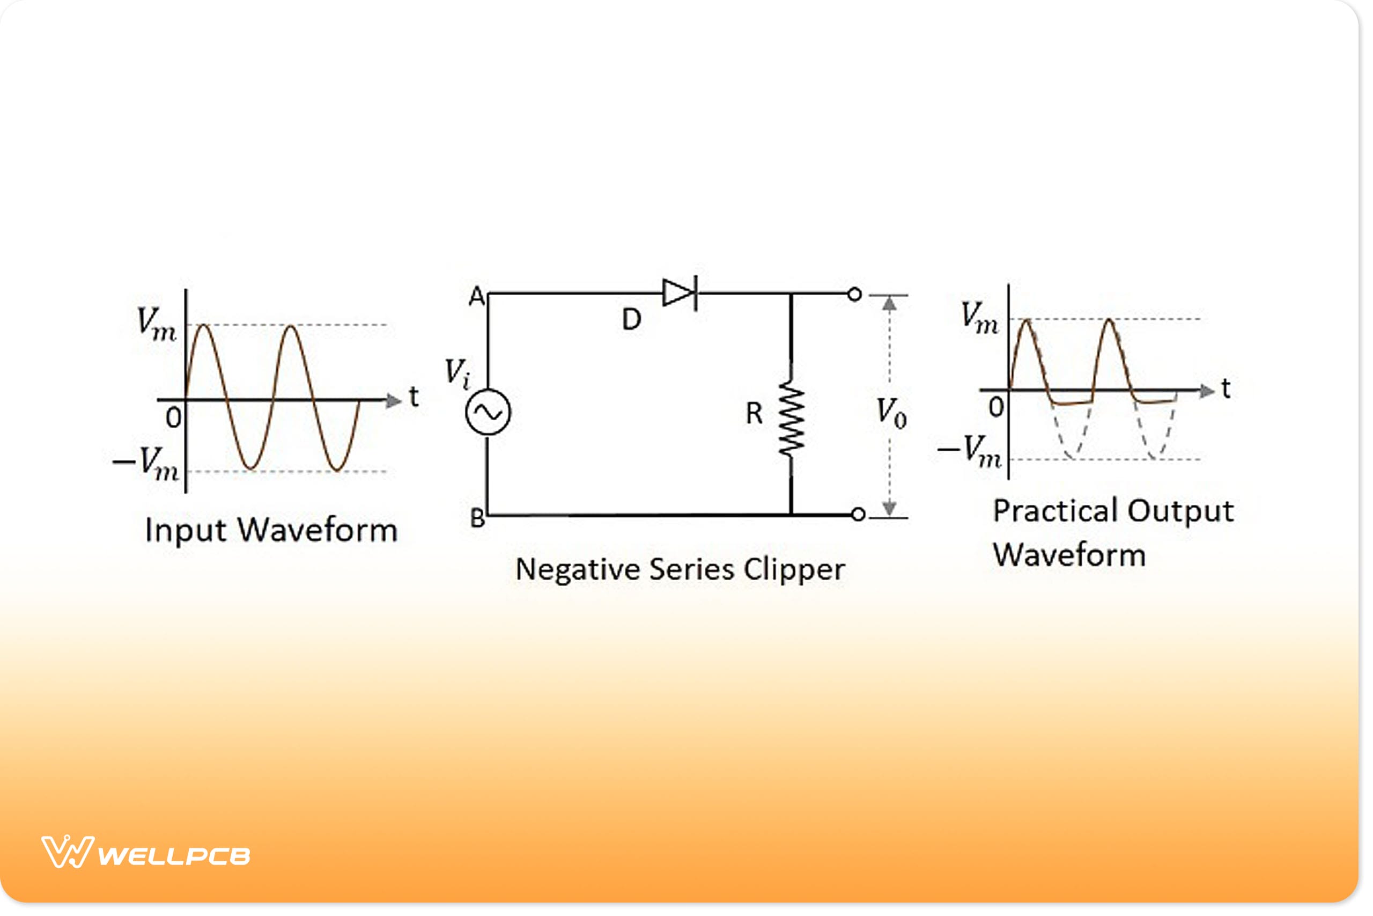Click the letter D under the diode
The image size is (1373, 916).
631,319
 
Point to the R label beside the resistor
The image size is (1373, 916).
754,414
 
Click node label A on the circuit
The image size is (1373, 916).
476,297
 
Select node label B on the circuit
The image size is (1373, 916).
477,518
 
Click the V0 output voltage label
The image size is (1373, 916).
891,413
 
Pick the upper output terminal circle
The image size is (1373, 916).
854,295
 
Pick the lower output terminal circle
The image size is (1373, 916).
858,515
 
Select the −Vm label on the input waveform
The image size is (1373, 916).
146,464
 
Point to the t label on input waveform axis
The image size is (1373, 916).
414,397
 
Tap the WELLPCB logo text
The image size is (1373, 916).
174,856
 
